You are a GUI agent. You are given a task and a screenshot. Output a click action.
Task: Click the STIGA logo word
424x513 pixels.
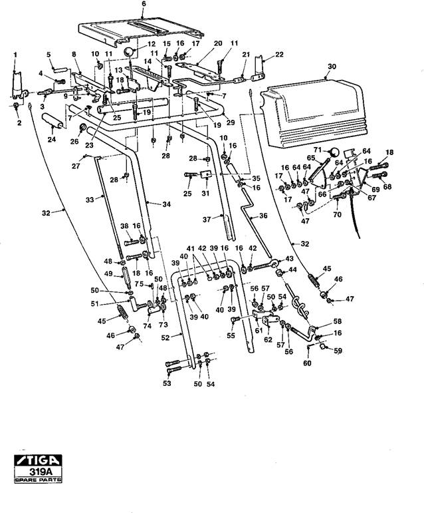coord(38,460)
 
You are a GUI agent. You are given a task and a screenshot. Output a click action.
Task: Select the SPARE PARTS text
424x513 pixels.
coord(38,480)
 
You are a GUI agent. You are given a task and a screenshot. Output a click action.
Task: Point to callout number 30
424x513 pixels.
coord(332,67)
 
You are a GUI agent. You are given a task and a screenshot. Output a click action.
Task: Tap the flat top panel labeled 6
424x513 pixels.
coord(140,31)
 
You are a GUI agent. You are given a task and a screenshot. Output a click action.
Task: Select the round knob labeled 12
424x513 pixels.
coord(130,52)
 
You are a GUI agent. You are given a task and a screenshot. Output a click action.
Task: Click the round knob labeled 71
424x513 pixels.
coord(334,152)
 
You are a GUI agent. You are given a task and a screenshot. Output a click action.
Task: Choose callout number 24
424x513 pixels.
coord(52,139)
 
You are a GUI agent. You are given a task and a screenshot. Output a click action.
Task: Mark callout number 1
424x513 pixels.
coord(15,55)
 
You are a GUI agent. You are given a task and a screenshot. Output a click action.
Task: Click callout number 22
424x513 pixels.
coord(279,55)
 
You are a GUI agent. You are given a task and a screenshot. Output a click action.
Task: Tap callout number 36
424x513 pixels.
coord(263,216)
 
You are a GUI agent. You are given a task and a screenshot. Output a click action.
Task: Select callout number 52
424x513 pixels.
coord(165,337)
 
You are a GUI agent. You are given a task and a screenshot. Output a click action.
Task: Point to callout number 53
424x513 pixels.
coord(167,383)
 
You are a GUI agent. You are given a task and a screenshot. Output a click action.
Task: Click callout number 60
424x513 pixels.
coord(308,363)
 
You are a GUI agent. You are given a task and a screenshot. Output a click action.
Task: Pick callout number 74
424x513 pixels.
coord(148,326)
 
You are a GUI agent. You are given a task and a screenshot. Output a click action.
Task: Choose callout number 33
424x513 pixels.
coord(90,200)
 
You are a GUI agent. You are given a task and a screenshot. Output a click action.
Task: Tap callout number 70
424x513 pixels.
coord(338,215)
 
